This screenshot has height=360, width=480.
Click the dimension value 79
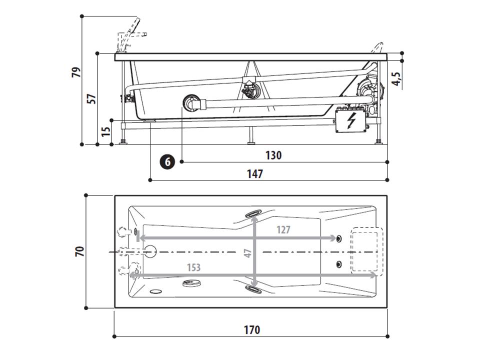tap(76, 72)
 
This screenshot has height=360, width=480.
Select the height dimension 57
tap(91, 98)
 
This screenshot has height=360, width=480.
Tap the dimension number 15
tap(105, 132)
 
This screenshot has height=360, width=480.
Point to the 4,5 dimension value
tap(395, 78)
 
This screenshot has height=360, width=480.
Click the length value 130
tap(273, 155)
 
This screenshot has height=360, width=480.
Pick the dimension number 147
tap(255, 173)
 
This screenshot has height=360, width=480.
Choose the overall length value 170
tap(252, 329)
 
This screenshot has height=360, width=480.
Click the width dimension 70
tap(79, 251)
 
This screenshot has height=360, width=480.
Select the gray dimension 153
tap(193, 267)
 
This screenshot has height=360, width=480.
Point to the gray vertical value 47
tap(248, 253)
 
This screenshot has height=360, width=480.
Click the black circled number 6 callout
tap(167, 162)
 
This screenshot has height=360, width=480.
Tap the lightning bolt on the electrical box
tap(352, 120)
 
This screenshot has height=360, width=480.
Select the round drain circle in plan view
tap(150, 251)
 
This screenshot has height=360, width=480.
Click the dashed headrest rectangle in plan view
tap(366, 250)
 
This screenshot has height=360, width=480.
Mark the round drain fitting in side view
tap(190, 103)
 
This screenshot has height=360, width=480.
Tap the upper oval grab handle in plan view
tap(253, 213)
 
